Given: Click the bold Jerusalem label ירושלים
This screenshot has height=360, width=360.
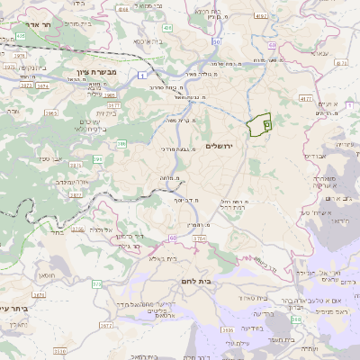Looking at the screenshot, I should point(220,146).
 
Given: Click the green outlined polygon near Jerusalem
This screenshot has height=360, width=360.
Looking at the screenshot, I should point(259,125).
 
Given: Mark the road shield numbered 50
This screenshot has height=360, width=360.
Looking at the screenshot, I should point(217,42).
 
